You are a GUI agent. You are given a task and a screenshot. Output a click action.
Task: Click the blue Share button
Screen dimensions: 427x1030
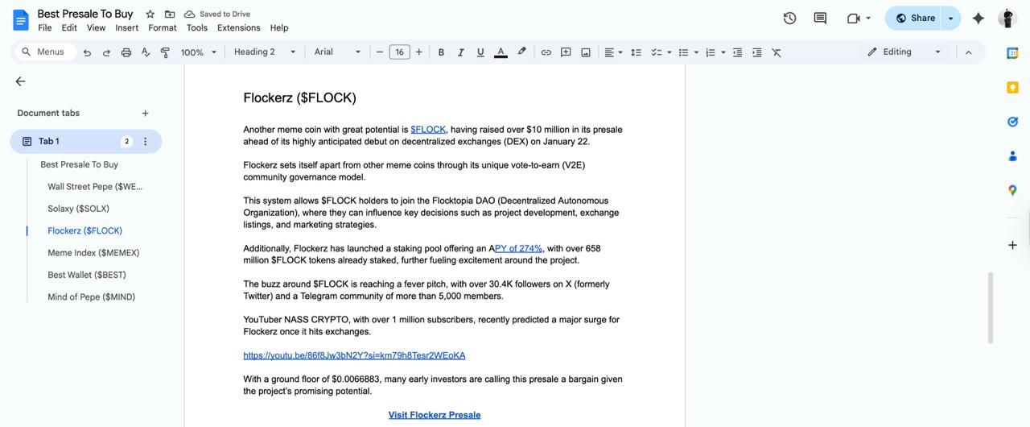click(x=915, y=19)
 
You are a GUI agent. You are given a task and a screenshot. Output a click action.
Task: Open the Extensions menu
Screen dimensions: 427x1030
click(x=238, y=28)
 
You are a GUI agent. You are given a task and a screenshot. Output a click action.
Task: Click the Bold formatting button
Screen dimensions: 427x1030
click(x=441, y=52)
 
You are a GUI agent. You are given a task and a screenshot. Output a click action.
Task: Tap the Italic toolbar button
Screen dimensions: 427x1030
click(x=460, y=52)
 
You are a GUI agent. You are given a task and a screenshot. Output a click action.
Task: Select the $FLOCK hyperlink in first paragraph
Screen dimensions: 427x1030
click(x=428, y=130)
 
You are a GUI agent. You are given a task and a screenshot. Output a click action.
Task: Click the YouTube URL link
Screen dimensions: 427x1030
click(x=354, y=355)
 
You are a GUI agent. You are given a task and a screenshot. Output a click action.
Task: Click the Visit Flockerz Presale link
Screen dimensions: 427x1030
click(x=435, y=415)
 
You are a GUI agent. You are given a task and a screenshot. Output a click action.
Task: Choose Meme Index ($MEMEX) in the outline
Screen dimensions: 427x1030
click(x=93, y=253)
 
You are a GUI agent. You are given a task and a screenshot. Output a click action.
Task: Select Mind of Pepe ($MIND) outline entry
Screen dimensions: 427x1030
click(x=91, y=297)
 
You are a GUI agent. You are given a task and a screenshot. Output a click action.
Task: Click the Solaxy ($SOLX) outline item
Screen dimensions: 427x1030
click(x=78, y=209)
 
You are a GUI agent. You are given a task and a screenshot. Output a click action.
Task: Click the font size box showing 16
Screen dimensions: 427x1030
click(x=399, y=52)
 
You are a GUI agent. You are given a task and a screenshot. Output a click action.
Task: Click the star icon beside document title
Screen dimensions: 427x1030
click(x=150, y=15)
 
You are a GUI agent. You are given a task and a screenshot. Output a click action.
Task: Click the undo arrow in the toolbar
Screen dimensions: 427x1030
click(x=87, y=52)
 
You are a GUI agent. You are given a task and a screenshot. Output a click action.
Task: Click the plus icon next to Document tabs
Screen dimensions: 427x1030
click(x=146, y=114)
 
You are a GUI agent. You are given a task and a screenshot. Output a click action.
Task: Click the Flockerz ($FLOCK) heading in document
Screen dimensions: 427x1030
click(x=299, y=97)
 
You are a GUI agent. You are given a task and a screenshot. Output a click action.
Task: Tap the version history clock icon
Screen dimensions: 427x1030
click(x=789, y=19)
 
